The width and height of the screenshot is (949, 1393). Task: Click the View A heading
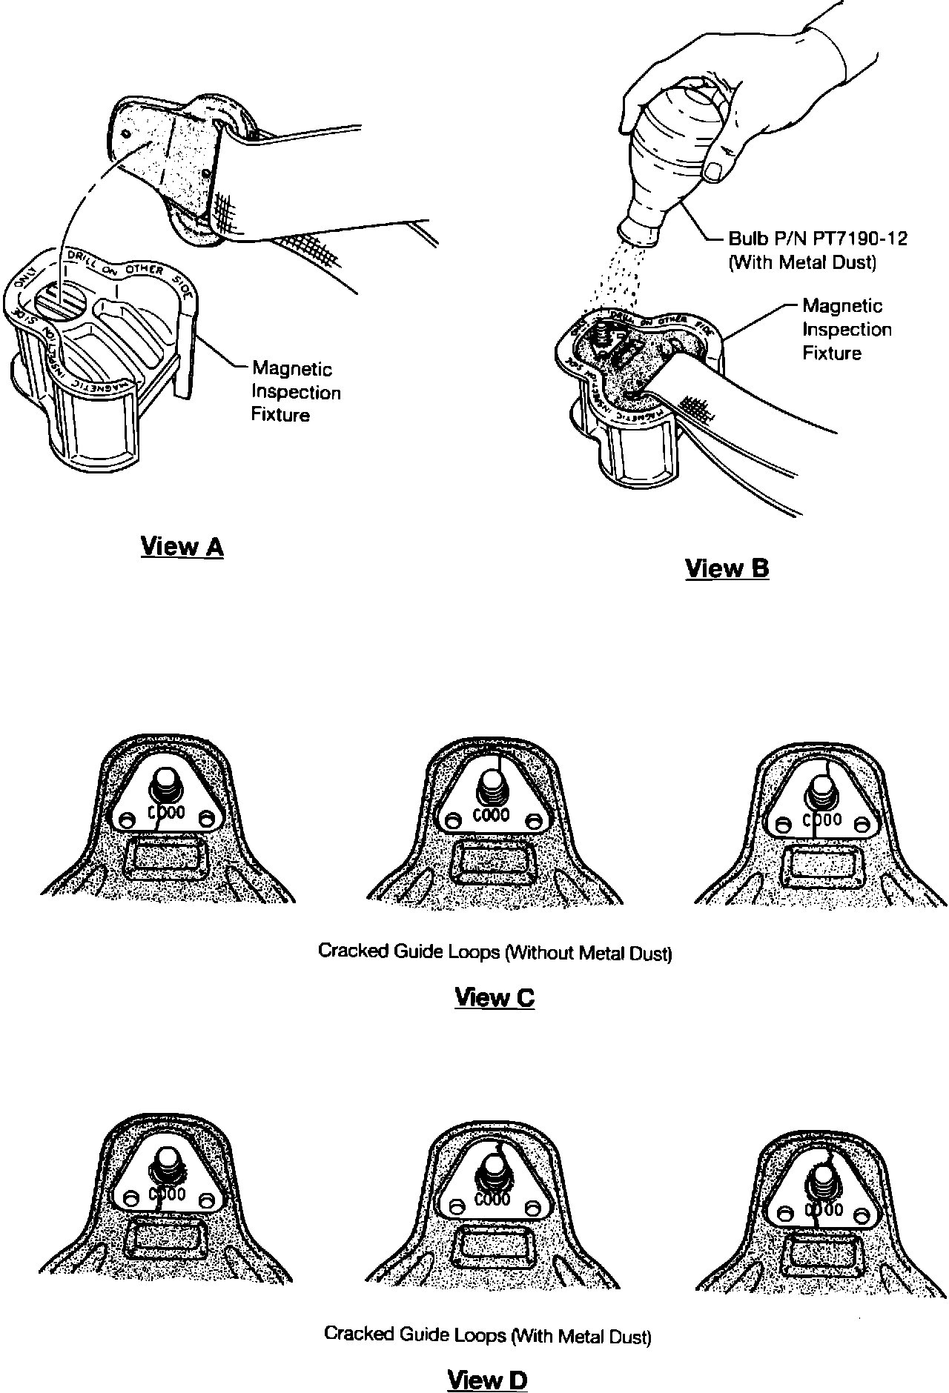pyautogui.click(x=182, y=547)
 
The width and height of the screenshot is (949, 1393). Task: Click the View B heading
pyautogui.click(x=727, y=568)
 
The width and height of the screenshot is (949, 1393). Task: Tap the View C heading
pyautogui.click(x=494, y=997)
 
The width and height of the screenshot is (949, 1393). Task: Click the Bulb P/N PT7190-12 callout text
pyautogui.click(x=818, y=239)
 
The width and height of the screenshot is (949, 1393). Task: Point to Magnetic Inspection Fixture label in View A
pyautogui.click(x=296, y=392)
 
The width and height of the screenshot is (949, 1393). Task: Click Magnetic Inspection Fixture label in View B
pyautogui.click(x=847, y=330)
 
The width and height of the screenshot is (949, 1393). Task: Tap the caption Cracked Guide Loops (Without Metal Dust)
pyautogui.click(x=495, y=951)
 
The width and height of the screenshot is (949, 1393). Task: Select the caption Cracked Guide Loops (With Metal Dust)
pyautogui.click(x=488, y=1335)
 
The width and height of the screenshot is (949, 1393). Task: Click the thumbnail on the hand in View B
pyautogui.click(x=715, y=170)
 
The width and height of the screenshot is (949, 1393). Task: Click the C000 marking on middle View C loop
pyautogui.click(x=491, y=815)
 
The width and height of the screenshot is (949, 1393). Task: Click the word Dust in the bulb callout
pyautogui.click(x=856, y=262)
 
